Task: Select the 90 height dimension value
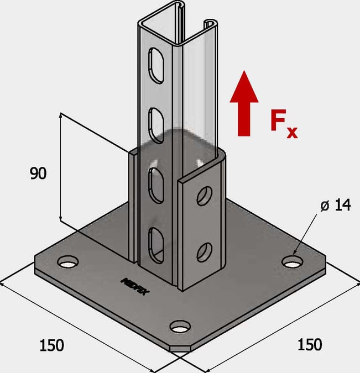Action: pos(38,174)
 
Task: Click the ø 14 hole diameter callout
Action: pos(335,206)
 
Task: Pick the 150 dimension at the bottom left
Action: pos(51,345)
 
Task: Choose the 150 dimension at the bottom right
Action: pos(310,344)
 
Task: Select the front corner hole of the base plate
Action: pos(179,327)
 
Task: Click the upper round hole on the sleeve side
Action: pos(205,196)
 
